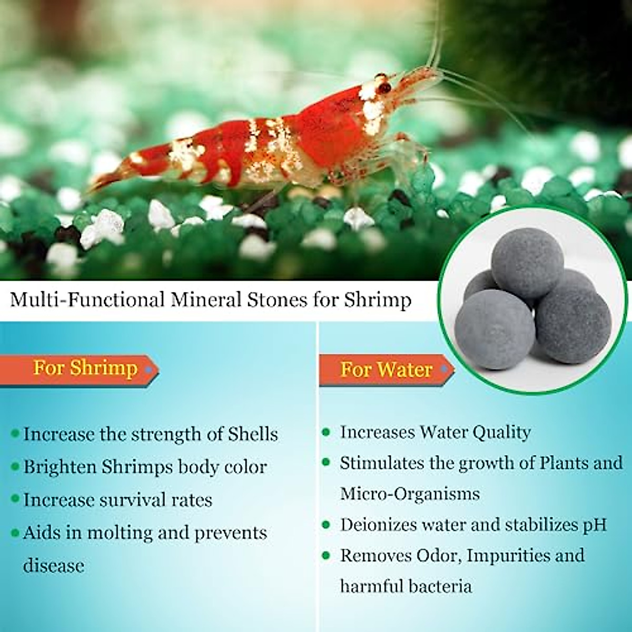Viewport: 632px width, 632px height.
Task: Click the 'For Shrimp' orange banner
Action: [84, 368]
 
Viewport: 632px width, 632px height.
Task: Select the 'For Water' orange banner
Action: [386, 370]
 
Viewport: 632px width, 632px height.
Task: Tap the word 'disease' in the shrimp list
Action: [54, 566]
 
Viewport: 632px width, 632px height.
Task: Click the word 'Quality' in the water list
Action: [501, 432]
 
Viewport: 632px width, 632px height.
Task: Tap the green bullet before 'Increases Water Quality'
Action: [327, 432]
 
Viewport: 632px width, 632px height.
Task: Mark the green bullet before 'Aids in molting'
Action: [15, 533]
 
